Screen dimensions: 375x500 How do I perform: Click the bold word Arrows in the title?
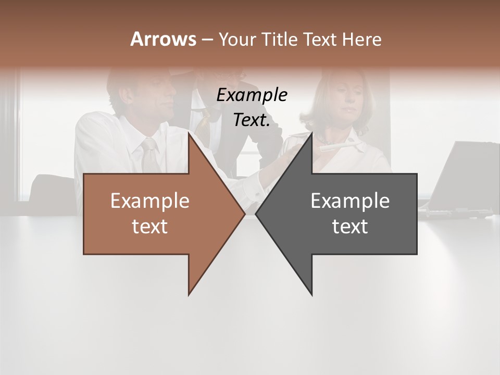(163, 39)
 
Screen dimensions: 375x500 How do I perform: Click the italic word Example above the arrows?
(252, 95)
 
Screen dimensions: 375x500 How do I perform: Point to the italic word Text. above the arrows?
(252, 120)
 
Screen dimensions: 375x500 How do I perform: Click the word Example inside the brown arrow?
(150, 201)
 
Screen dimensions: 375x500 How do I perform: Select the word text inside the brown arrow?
(150, 227)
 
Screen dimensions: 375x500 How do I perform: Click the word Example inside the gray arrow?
(350, 201)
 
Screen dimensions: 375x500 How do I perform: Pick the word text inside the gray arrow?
(350, 227)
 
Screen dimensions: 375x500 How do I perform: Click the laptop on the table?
(458, 177)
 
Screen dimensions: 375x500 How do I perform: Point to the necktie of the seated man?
(150, 154)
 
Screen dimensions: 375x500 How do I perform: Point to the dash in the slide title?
(207, 40)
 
